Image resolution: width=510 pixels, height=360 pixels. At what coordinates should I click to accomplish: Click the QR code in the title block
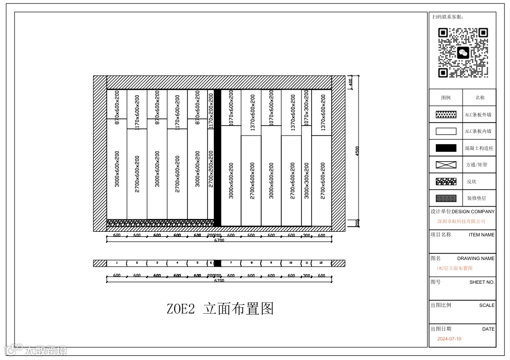pyautogui.click(x=463, y=53)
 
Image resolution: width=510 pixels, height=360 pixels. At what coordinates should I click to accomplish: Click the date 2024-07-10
pyautogui.click(x=449, y=339)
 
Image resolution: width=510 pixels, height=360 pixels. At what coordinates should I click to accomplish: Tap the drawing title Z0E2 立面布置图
pyautogui.click(x=220, y=309)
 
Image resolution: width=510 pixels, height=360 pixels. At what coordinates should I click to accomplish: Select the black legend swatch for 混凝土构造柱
pyautogui.click(x=446, y=148)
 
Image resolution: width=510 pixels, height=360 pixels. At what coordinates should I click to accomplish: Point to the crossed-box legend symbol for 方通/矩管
pyautogui.click(x=446, y=165)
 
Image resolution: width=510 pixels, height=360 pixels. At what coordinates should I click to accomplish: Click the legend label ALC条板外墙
pyautogui.click(x=478, y=115)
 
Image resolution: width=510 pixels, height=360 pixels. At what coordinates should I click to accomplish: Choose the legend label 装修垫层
pyautogui.click(x=477, y=198)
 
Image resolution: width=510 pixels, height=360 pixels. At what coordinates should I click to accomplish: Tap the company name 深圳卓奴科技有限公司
pyautogui.click(x=461, y=221)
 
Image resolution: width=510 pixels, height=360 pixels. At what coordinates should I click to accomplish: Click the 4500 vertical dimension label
pyautogui.click(x=357, y=151)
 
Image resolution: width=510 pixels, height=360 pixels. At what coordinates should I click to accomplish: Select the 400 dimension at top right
pyautogui.click(x=350, y=82)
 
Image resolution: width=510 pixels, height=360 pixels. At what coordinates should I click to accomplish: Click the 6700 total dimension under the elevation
pyautogui.click(x=219, y=240)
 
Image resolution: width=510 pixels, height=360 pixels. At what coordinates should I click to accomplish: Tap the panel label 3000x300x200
pyautogui.click(x=307, y=180)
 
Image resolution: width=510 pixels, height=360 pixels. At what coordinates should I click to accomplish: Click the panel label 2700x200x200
pyautogui.click(x=211, y=168)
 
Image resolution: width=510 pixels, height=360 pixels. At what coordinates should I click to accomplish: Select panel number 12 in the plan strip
pyautogui.click(x=321, y=263)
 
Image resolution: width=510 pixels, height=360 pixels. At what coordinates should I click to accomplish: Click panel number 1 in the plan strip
pyautogui.click(x=116, y=263)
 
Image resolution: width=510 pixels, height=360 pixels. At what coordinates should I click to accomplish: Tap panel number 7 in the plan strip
pyautogui.click(x=231, y=263)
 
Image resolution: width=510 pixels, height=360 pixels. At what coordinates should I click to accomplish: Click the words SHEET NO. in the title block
pyautogui.click(x=482, y=282)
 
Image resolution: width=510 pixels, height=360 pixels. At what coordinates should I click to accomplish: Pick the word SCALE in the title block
pyautogui.click(x=486, y=305)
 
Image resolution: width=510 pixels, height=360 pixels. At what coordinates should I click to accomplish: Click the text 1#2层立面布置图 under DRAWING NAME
pyautogui.click(x=454, y=268)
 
